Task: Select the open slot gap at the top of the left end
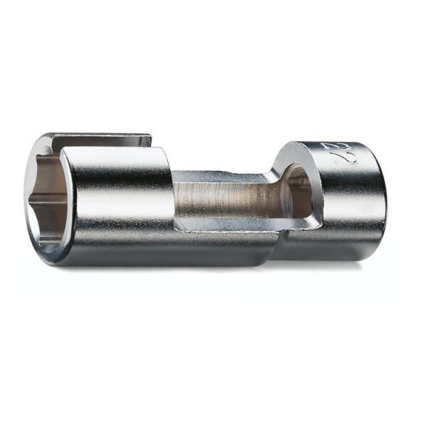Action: [x=107, y=142]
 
